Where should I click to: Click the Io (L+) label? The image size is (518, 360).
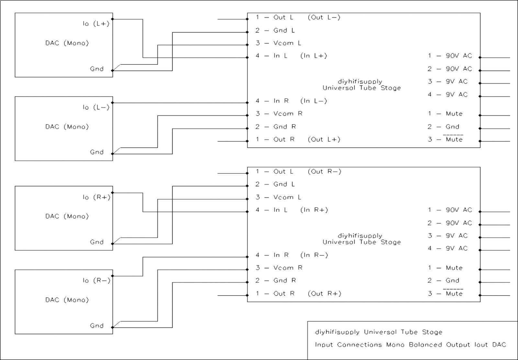(x=96, y=24)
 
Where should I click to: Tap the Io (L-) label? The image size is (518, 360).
(x=96, y=107)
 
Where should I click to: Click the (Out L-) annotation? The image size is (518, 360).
(x=324, y=17)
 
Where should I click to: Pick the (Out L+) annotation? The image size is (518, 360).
(x=324, y=139)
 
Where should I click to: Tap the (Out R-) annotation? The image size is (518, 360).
(x=324, y=171)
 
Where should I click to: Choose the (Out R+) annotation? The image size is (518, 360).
(x=324, y=293)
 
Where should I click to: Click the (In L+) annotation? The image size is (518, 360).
(x=314, y=56)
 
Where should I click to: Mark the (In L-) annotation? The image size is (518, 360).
(x=314, y=101)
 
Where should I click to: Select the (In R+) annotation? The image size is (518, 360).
(x=314, y=210)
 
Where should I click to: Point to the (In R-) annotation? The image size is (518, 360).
(x=314, y=255)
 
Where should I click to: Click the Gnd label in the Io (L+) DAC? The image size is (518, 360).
(x=96, y=69)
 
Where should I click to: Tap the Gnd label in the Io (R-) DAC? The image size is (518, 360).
(x=96, y=326)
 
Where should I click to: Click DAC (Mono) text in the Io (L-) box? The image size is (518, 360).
(x=67, y=126)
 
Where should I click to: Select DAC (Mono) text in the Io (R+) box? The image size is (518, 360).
(x=67, y=216)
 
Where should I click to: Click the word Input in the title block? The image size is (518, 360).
(x=324, y=345)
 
